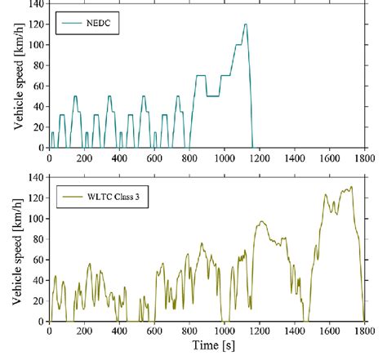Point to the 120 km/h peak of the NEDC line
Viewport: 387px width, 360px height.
tap(245, 24)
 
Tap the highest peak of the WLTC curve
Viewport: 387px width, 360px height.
tap(351, 188)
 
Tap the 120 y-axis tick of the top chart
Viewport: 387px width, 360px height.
tap(36, 24)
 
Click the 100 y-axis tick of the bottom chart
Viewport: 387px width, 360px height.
tap(36, 219)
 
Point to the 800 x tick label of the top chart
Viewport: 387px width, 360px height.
tap(189, 158)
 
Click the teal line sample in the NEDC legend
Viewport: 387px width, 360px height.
tap(70, 25)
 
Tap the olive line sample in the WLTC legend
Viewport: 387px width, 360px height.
tap(70, 198)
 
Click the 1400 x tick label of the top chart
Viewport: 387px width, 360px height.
tap(295, 158)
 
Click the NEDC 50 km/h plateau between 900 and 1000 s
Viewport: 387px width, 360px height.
tap(214, 96)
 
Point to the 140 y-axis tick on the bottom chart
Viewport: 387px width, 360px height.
tap(36, 177)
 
